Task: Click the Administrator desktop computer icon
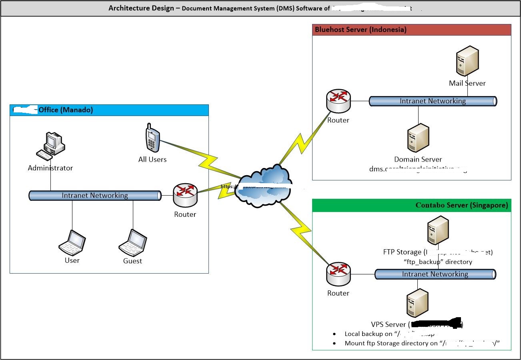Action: tap(51, 144)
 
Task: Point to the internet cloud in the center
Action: tap(263, 185)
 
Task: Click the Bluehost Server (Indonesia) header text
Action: tap(361, 30)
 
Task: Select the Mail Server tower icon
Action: tap(467, 60)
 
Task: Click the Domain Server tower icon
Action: tap(418, 138)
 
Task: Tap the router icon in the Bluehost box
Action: tap(338, 100)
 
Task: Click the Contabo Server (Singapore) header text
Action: tap(462, 205)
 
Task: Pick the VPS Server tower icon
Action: tap(417, 304)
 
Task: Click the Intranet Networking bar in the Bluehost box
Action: tap(433, 101)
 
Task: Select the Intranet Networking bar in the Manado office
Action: tap(95, 196)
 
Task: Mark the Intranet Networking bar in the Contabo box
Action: tap(435, 274)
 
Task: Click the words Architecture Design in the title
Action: tap(141, 8)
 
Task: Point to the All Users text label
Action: tap(152, 159)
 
